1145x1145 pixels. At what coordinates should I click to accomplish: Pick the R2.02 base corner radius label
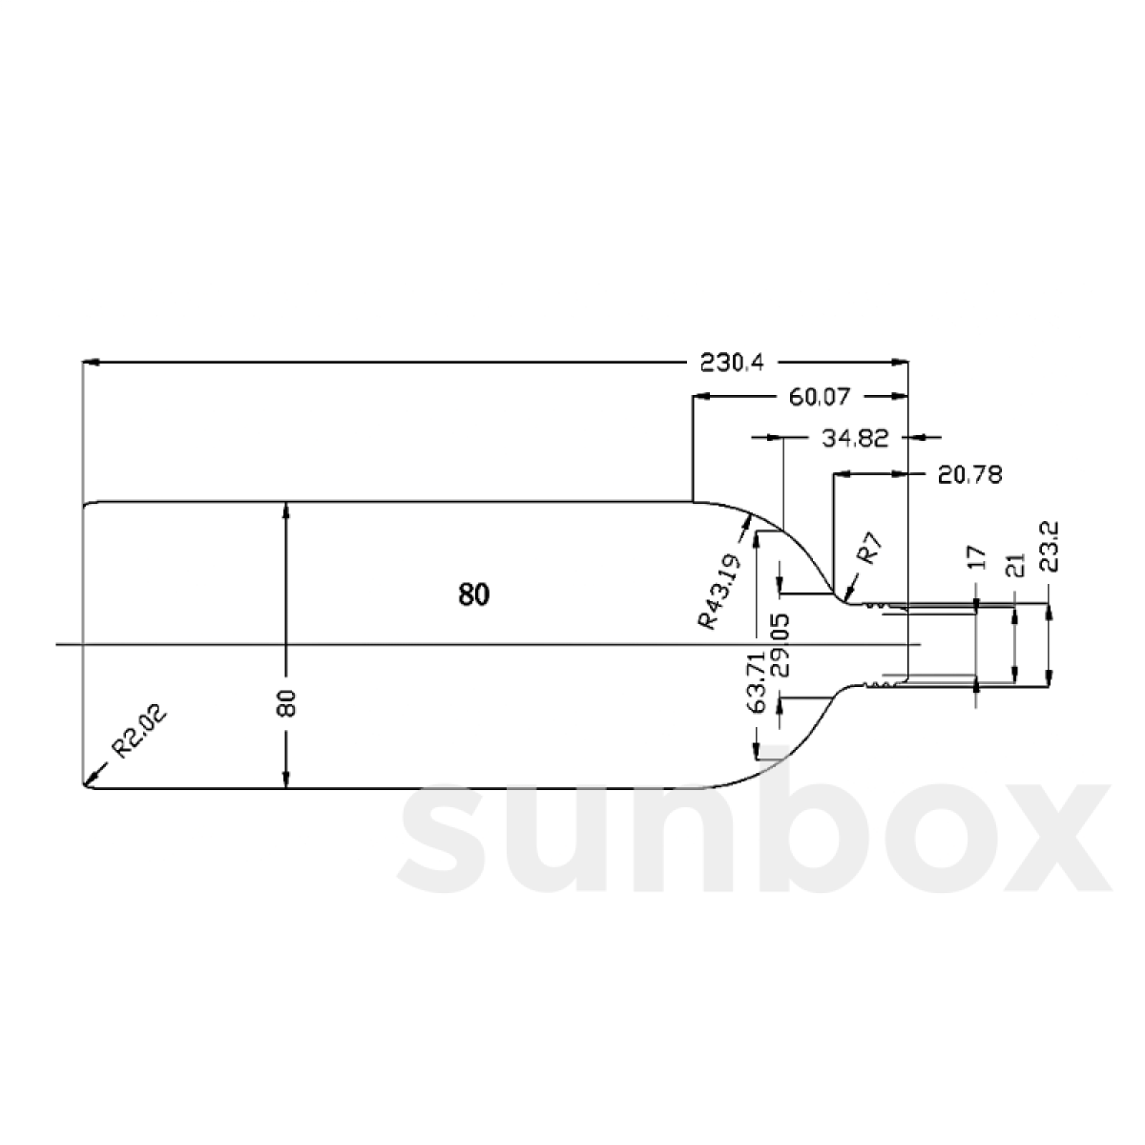(139, 730)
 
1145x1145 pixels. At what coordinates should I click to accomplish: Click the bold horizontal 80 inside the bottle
(473, 595)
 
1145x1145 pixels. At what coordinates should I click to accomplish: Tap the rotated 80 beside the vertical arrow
(290, 704)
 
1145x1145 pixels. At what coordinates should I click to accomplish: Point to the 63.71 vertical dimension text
(758, 682)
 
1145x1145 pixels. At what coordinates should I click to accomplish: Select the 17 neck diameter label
(976, 558)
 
